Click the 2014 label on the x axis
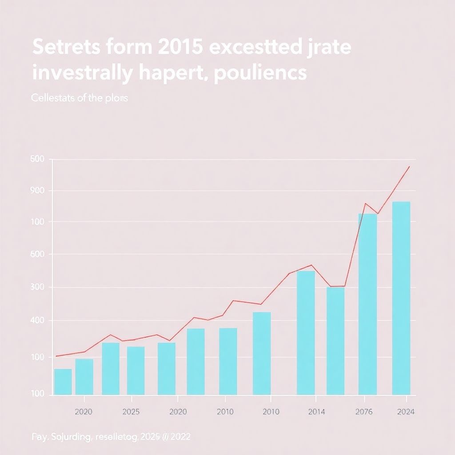[316, 412]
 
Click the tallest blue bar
[401, 298]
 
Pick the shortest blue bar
[63, 382]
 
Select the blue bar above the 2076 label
[367, 304]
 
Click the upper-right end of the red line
[409, 167]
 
